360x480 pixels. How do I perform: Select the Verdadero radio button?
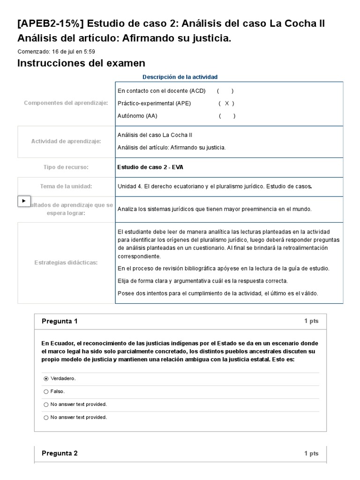pyautogui.click(x=46, y=378)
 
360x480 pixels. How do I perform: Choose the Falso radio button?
pyautogui.click(x=46, y=391)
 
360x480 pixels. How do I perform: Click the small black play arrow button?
pyautogui.click(x=24, y=201)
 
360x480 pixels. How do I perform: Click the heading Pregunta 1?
pyautogui.click(x=60, y=321)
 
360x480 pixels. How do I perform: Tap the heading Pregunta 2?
pyautogui.click(x=60, y=453)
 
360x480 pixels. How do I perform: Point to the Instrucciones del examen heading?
pyautogui.click(x=81, y=63)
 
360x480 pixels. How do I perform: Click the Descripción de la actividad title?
pyautogui.click(x=180, y=77)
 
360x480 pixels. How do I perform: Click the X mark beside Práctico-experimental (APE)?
pyautogui.click(x=227, y=103)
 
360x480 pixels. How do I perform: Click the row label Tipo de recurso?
pyautogui.click(x=66, y=167)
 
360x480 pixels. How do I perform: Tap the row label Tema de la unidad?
pyautogui.click(x=66, y=186)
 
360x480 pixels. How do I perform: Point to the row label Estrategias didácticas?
pyautogui.click(x=66, y=262)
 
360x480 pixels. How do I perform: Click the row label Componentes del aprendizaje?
pyautogui.click(x=66, y=103)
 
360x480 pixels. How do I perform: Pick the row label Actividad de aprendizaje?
pyautogui.click(x=66, y=141)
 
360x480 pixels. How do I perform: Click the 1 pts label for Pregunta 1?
pyautogui.click(x=311, y=321)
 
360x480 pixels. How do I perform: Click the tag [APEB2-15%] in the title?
pyautogui.click(x=50, y=23)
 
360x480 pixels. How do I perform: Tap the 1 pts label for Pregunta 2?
pyautogui.click(x=311, y=453)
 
